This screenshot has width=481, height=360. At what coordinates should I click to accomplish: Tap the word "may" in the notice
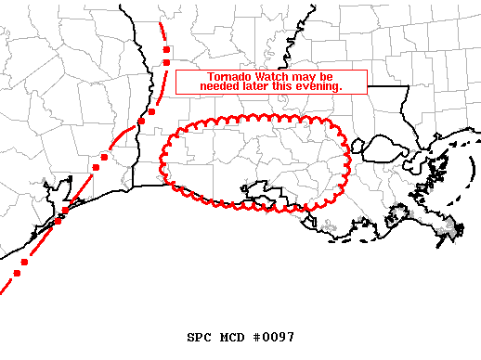coord(303,77)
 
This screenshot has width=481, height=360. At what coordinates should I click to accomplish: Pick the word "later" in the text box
coord(262,86)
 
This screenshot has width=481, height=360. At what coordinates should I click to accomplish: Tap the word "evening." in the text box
coord(322,86)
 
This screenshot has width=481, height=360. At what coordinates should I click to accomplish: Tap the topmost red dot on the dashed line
coord(166,49)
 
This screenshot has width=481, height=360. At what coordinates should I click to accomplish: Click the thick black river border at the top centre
coord(296,37)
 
